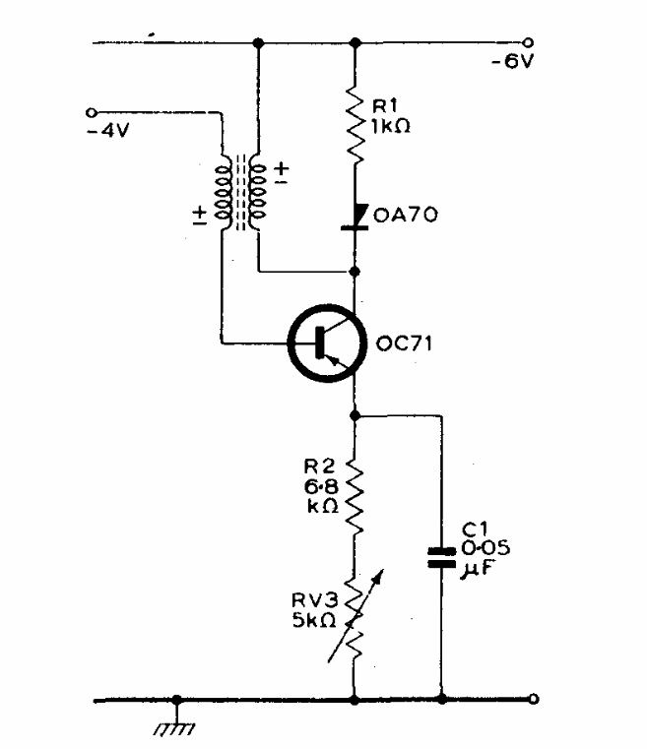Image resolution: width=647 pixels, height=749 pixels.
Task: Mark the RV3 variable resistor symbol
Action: pos(356,614)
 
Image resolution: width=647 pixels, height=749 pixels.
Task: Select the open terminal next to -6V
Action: pos(530,42)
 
